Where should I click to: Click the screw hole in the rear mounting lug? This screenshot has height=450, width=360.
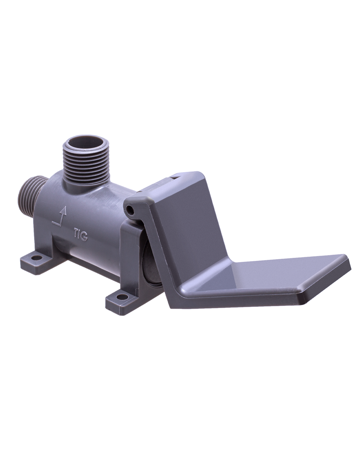pos(37,258)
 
